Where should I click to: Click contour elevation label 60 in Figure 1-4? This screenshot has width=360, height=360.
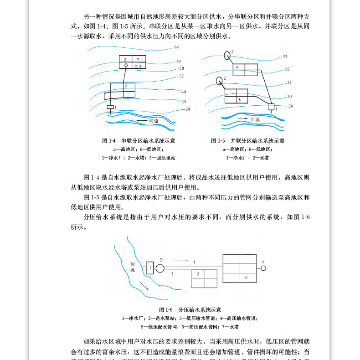[177, 47]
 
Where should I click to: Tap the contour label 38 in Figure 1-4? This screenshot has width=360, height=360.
[188, 109]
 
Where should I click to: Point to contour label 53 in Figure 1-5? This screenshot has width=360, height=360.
[285, 57]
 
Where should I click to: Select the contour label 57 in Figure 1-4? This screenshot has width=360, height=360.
[181, 76]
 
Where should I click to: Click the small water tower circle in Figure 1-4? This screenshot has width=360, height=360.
[126, 66]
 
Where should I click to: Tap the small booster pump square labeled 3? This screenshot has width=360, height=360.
[135, 67]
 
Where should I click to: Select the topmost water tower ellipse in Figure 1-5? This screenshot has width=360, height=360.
[226, 56]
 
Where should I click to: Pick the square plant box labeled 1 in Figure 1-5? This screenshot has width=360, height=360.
[272, 108]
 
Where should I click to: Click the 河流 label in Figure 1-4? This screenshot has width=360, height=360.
[154, 121]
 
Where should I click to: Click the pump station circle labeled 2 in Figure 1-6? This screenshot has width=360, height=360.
[160, 268]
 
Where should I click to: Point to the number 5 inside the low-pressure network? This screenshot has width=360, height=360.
[198, 274]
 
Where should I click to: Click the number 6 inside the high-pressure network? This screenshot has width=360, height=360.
[246, 277]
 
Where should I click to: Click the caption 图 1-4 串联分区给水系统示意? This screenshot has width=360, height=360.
[139, 141]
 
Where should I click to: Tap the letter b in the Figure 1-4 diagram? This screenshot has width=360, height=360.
[126, 86]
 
